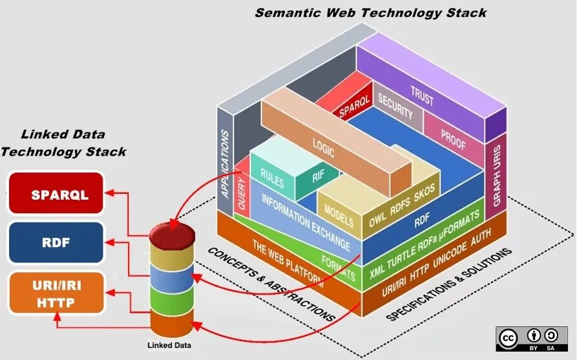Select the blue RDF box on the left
click(x=56, y=242)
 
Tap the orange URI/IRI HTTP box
click(x=56, y=293)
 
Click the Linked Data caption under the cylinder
click(x=169, y=345)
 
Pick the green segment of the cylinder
click(x=172, y=299)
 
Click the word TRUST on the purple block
click(x=422, y=96)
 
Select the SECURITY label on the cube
click(x=395, y=107)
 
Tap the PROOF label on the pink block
click(x=454, y=140)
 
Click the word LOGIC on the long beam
click(x=324, y=147)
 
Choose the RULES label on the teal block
click(x=272, y=178)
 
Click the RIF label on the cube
click(x=319, y=176)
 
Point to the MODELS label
click(x=339, y=215)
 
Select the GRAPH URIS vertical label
click(x=497, y=176)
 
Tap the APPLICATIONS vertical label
click(x=224, y=164)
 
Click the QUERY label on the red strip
click(x=242, y=193)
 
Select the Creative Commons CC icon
click(x=509, y=338)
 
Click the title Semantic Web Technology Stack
click(x=371, y=13)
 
